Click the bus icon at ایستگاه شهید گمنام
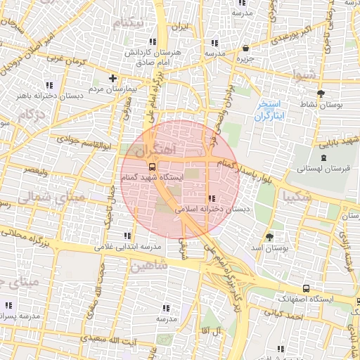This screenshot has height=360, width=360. point(152,167)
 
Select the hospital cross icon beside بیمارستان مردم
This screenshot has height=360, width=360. point(112,77)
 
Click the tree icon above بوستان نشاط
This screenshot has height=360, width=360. point(321,93)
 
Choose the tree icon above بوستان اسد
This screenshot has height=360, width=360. point(270,236)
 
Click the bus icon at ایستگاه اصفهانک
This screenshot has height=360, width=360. point(306,288)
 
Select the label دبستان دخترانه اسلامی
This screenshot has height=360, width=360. point(211,209)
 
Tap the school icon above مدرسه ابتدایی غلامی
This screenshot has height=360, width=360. point(127,236)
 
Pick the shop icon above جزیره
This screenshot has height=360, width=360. point(245,49)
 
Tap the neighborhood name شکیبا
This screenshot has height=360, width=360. point(297,198)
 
